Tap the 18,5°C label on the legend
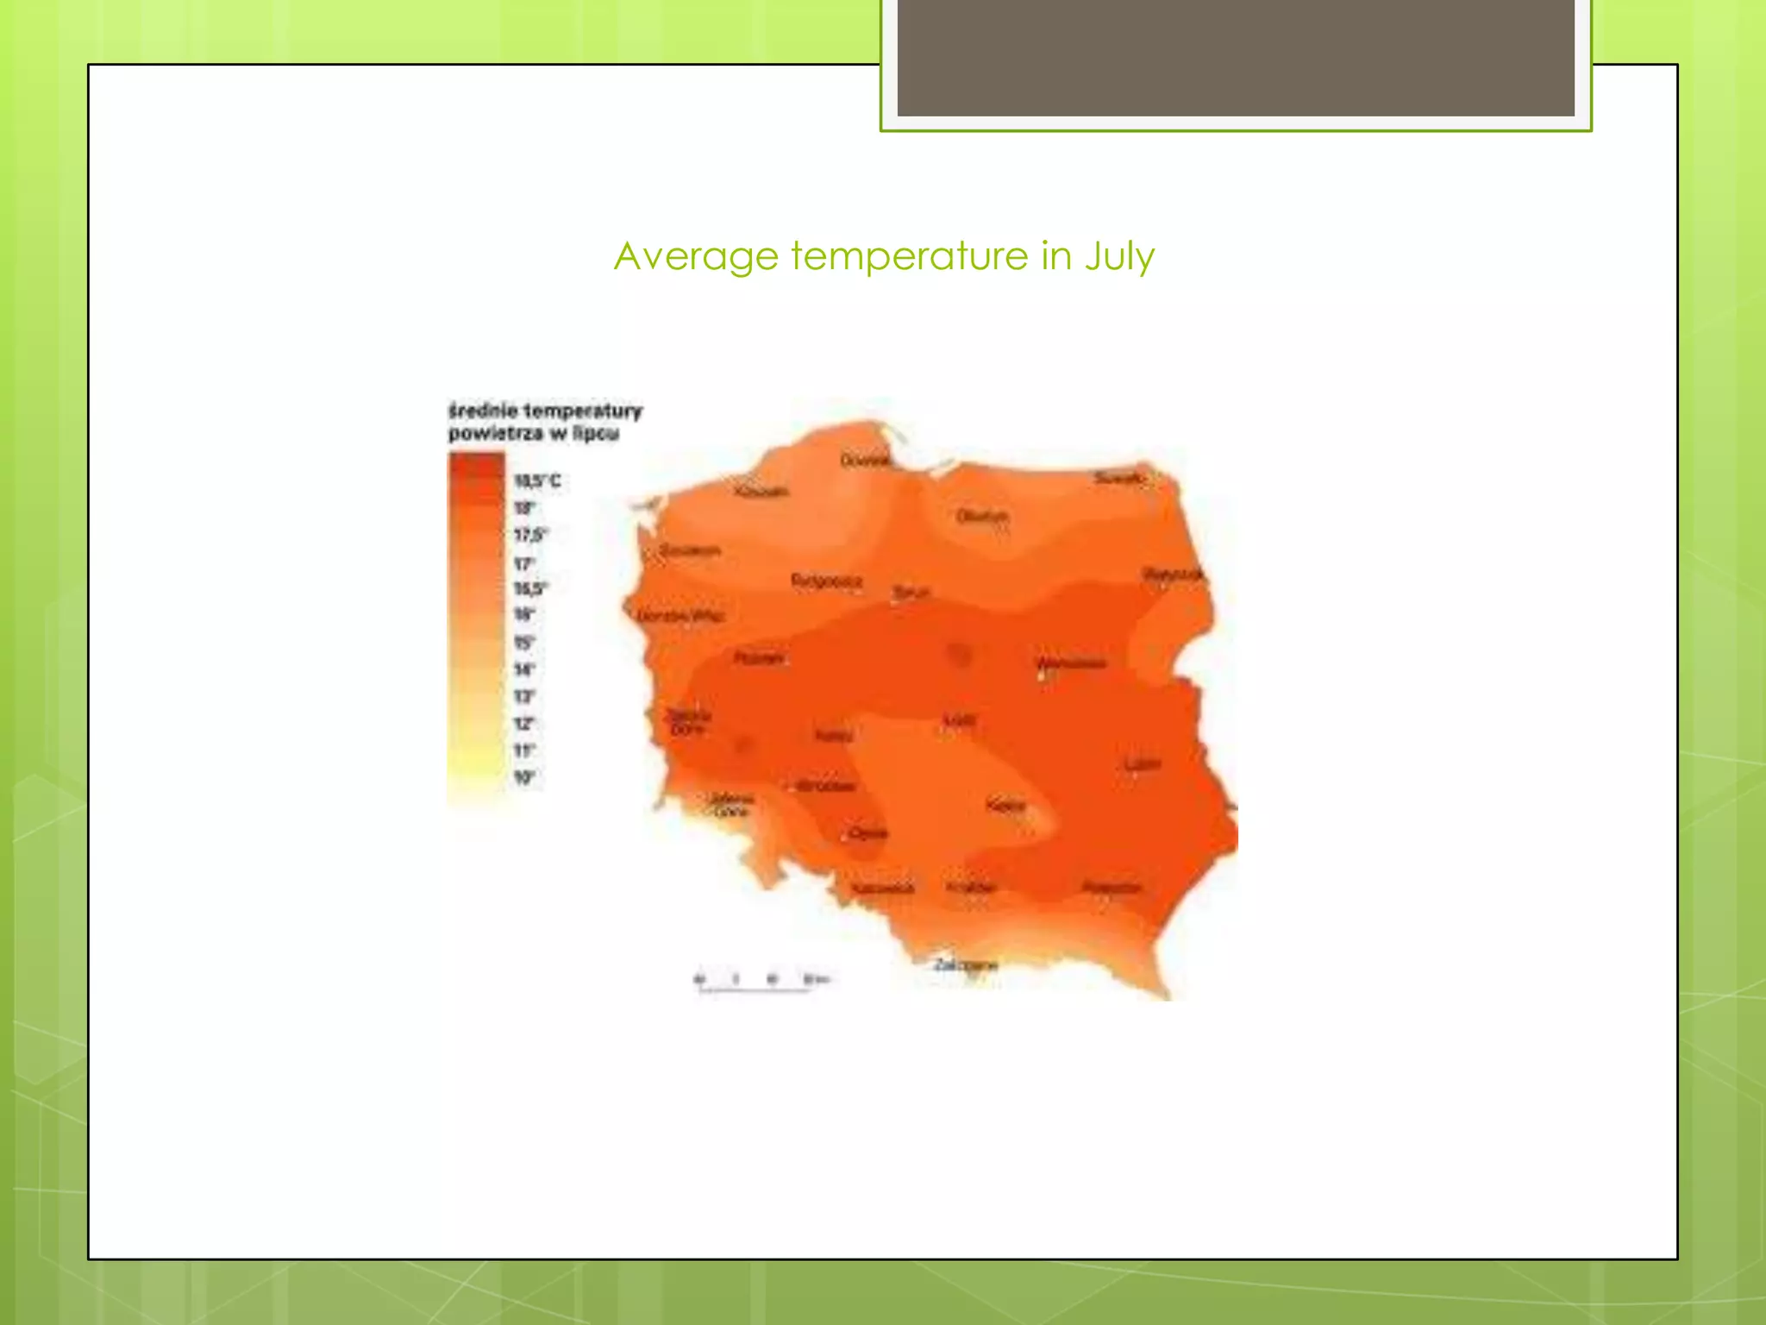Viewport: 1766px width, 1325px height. click(537, 480)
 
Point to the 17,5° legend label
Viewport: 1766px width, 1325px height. click(530, 535)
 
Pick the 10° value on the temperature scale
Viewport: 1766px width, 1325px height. click(524, 777)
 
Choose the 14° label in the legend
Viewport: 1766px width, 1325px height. click(524, 669)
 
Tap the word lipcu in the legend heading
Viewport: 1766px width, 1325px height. click(596, 433)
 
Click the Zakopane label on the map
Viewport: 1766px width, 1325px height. click(966, 964)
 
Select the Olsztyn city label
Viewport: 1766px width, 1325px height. click(981, 516)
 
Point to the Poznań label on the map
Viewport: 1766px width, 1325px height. click(759, 658)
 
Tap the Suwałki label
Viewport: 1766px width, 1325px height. click(1119, 477)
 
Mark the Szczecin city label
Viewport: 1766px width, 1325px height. click(690, 550)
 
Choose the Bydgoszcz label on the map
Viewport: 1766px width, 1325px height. click(826, 581)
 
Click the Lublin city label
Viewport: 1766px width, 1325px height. click(1143, 764)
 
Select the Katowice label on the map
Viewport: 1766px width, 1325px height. click(882, 888)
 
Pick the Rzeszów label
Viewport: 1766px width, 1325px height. click(1112, 887)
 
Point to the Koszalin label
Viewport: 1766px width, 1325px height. click(761, 492)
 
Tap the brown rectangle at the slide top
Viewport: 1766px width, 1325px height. click(1236, 58)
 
